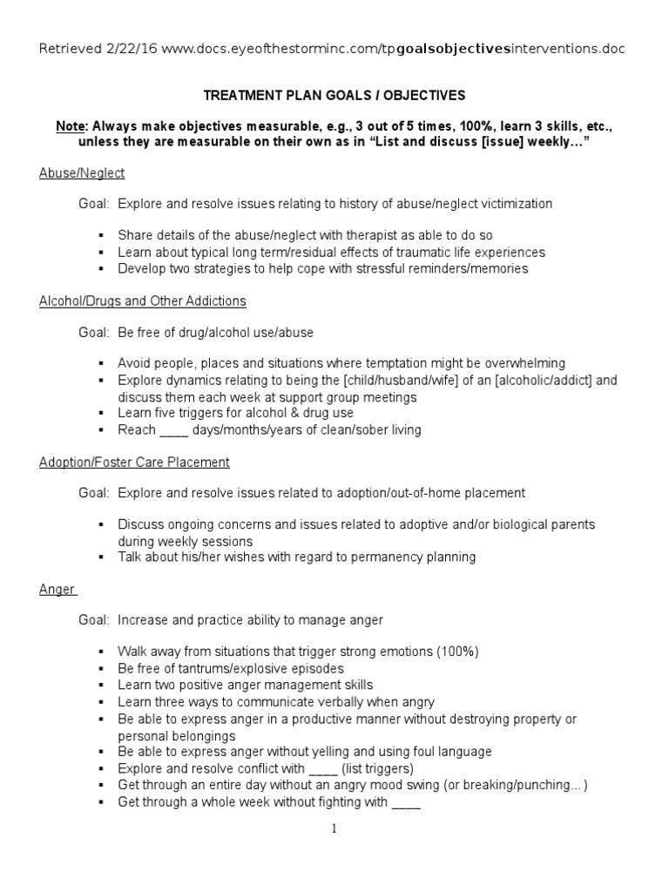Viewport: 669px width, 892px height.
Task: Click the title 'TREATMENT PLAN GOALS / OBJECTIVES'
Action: pos(334,94)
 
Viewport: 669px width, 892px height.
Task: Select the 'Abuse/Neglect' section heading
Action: pos(82,173)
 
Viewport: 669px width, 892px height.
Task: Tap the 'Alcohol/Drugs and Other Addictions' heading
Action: pos(143,301)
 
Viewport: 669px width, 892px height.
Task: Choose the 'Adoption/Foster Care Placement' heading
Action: pos(134,462)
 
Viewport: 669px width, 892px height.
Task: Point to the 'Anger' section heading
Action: pos(57,589)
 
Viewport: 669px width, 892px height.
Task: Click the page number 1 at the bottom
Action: pos(334,828)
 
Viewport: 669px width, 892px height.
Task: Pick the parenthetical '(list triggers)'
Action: pos(384,768)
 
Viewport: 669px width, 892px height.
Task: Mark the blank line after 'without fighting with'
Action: pos(407,802)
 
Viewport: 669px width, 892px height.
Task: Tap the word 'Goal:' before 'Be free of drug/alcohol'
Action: pos(93,332)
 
